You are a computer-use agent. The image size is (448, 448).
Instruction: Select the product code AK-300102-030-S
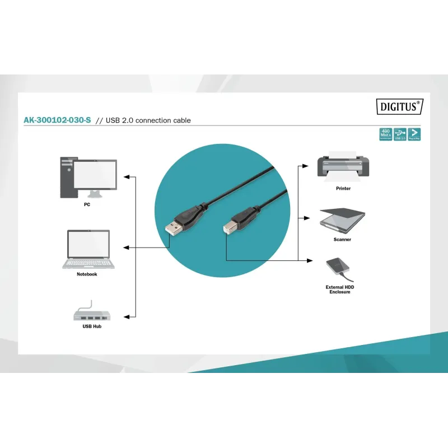pos(57,120)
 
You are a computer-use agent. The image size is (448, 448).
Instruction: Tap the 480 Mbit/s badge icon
pos(386,134)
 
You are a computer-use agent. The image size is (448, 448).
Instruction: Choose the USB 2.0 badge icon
pos(400,134)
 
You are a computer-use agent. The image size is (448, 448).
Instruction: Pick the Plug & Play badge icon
pos(414,134)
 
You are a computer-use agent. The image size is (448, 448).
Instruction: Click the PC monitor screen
pos(95,175)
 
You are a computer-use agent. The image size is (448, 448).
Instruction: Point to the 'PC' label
pos(87,205)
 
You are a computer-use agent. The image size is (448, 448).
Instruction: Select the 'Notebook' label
pos(87,274)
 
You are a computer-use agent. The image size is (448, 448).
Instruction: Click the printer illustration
pos(343,164)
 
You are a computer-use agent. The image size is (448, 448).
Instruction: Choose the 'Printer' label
pos(343,189)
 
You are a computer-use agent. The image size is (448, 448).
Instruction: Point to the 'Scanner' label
pos(342,240)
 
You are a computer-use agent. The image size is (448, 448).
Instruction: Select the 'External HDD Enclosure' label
pos(340,290)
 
